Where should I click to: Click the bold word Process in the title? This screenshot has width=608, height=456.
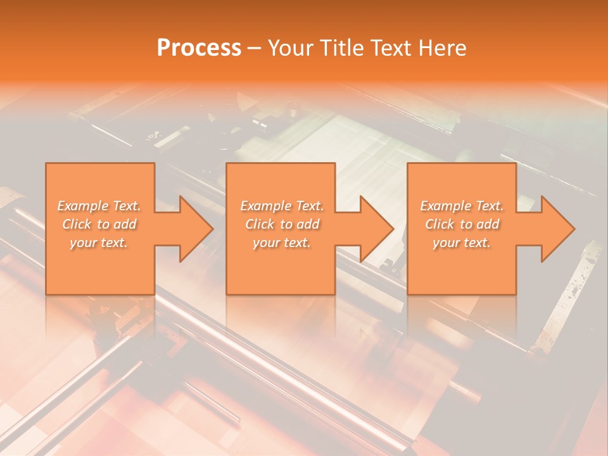pyautogui.click(x=199, y=48)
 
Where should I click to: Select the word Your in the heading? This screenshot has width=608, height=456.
pyautogui.click(x=291, y=48)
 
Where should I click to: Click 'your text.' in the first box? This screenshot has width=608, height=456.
pyautogui.click(x=99, y=243)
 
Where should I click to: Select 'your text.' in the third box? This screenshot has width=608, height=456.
pyautogui.click(x=462, y=243)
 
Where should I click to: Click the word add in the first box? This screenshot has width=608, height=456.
pyautogui.click(x=125, y=224)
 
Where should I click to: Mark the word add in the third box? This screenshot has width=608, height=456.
pyautogui.click(x=488, y=224)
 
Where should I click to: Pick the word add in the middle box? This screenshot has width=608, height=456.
pyautogui.click(x=308, y=224)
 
